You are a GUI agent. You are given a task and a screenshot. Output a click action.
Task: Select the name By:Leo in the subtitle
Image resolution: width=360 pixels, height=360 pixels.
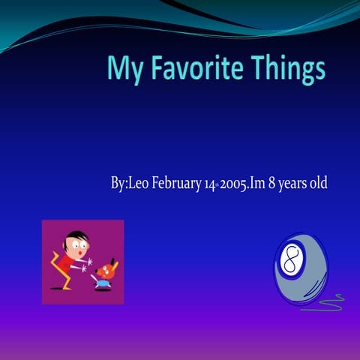tap(130, 182)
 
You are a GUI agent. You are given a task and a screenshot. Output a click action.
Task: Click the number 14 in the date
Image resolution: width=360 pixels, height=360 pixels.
tap(210, 183)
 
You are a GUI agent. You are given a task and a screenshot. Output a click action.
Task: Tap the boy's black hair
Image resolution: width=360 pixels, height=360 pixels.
tap(73, 235)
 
